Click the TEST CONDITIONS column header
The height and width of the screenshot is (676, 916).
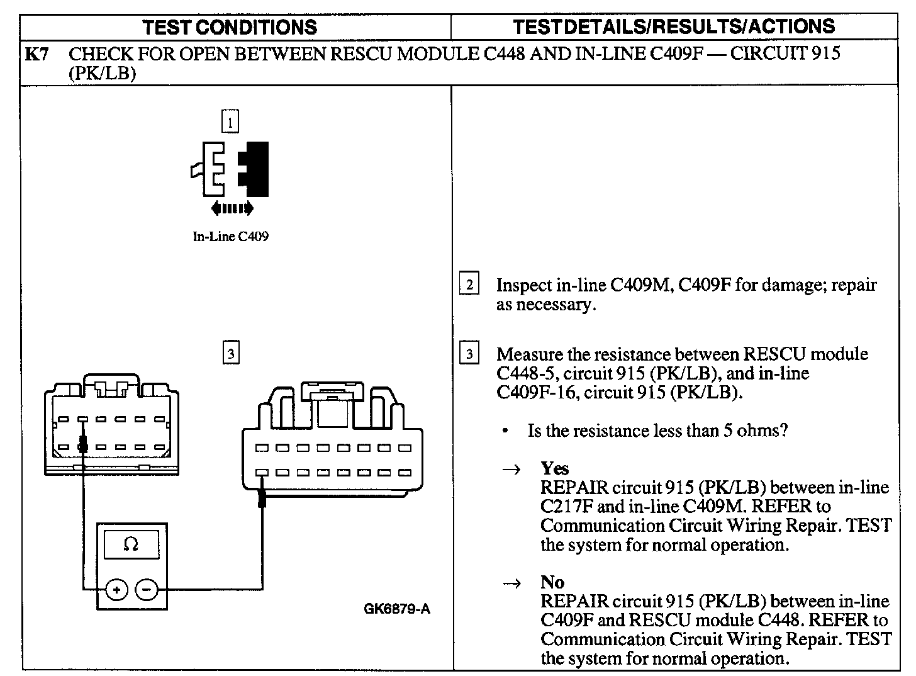coord(230,26)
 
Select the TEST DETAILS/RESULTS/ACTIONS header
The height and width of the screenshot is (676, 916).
coord(674,26)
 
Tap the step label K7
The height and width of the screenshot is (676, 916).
coord(36,54)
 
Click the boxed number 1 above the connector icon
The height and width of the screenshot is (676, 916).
coord(230,121)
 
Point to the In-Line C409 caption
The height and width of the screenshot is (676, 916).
coord(230,237)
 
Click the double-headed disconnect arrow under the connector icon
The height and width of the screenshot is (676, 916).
coord(232,208)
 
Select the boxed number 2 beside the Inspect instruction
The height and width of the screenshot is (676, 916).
coord(469,285)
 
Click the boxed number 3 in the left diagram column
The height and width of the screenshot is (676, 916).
coord(231,354)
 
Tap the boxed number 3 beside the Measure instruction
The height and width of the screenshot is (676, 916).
coord(469,354)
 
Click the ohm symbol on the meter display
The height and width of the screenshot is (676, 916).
coord(131,544)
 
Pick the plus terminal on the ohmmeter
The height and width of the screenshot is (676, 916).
coord(116,589)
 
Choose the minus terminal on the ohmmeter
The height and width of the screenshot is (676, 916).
coord(147,589)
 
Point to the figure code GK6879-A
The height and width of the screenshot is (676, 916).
coord(397,609)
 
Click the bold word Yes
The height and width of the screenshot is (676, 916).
coord(554,468)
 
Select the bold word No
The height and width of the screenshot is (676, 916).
coord(552,582)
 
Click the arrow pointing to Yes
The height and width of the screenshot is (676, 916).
coord(513,470)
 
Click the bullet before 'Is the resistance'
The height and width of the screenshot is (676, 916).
coord(505,432)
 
